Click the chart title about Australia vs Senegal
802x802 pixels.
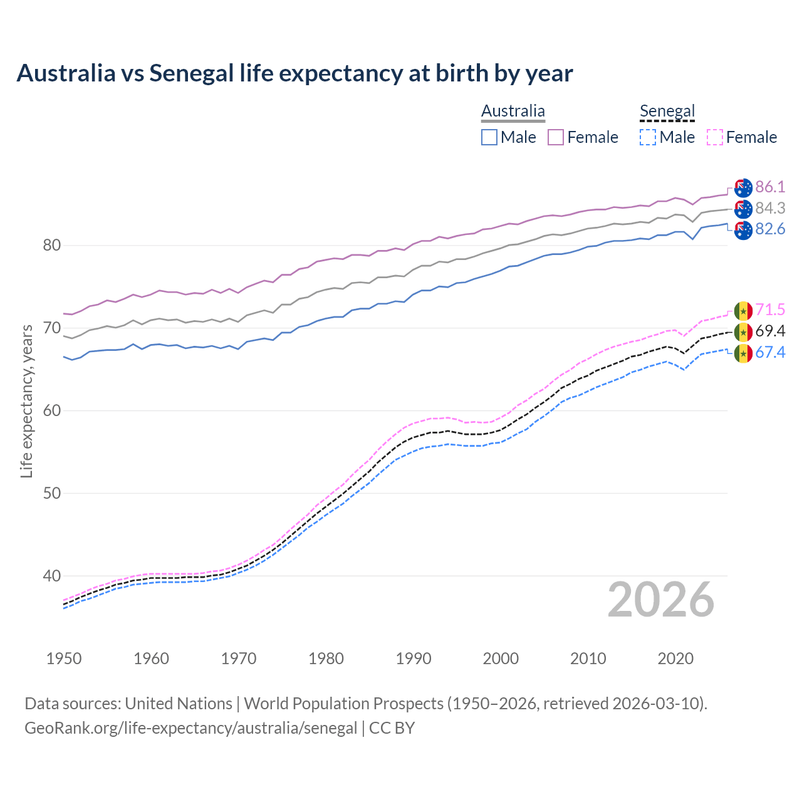point(294,73)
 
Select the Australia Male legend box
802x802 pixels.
point(489,137)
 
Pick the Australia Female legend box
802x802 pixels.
point(556,137)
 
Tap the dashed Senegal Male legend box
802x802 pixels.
point(648,137)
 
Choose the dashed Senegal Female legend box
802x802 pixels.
point(715,137)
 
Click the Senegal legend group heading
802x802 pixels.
point(667,112)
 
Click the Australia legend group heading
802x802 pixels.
point(513,112)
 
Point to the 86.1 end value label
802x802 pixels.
point(770,187)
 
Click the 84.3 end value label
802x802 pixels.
point(770,208)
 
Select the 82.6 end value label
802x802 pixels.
point(770,229)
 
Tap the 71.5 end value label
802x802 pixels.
point(770,310)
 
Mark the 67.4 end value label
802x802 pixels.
point(770,353)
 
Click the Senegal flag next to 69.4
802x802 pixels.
point(743,331)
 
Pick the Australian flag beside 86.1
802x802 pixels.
point(743,187)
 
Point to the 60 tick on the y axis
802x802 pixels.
point(52,411)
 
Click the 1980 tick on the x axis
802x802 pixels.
point(326,659)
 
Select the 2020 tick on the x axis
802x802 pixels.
point(675,659)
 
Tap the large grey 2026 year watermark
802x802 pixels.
point(661,600)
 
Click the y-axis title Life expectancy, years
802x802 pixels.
point(26,401)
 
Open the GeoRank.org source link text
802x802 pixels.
point(190,728)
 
